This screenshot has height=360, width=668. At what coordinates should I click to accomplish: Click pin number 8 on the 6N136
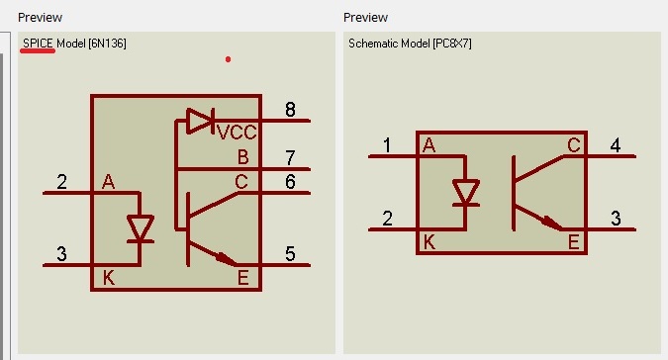[290, 110]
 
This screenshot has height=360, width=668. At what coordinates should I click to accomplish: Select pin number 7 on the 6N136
[290, 157]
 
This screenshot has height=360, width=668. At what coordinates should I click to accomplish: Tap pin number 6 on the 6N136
[290, 182]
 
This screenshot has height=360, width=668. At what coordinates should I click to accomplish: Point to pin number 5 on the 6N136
[290, 254]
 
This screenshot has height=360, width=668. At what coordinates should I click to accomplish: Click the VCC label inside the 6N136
[237, 133]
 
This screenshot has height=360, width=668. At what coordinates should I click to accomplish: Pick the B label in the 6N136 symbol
[242, 157]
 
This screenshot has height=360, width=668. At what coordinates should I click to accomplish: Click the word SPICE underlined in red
[38, 43]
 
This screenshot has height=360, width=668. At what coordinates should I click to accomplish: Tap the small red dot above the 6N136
[229, 59]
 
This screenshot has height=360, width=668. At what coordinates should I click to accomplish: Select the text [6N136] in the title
[107, 44]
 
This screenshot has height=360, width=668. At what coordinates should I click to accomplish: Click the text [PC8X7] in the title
[452, 44]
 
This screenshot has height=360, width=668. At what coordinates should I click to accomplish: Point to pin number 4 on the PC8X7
[616, 145]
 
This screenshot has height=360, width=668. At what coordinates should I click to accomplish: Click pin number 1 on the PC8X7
[387, 145]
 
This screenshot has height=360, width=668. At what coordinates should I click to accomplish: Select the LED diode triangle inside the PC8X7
[466, 192]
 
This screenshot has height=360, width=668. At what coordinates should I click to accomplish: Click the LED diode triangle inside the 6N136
[141, 228]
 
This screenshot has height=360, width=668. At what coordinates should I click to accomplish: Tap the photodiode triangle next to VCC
[200, 121]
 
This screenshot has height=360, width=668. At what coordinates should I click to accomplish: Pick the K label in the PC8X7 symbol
[429, 242]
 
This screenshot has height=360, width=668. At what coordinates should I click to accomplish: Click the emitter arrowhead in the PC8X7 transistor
[552, 224]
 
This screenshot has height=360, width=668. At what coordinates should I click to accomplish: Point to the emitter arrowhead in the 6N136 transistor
[227, 259]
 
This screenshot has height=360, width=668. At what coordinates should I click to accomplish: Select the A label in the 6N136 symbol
[108, 182]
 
